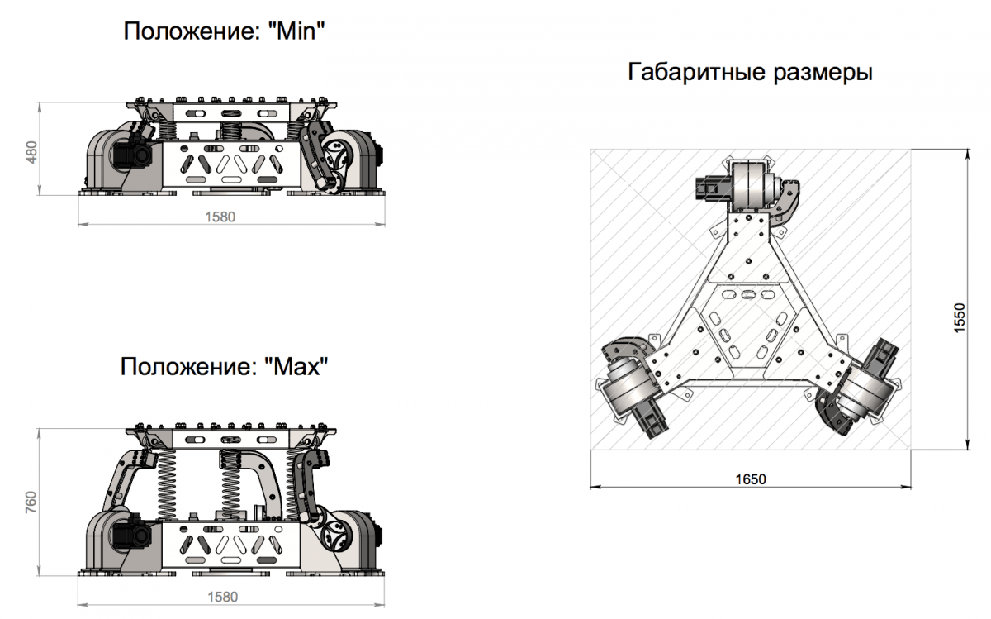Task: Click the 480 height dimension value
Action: (32, 152)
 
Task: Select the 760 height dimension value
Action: (31, 502)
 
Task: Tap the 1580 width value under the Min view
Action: (220, 217)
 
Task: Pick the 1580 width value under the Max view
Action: (222, 597)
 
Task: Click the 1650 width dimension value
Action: (751, 479)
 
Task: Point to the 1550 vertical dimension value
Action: (959, 317)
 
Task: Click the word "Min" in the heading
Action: (296, 31)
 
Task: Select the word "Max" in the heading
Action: (296, 367)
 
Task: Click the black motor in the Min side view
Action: (133, 154)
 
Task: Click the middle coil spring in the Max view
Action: (230, 484)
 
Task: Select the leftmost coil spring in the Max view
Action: (166, 484)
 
